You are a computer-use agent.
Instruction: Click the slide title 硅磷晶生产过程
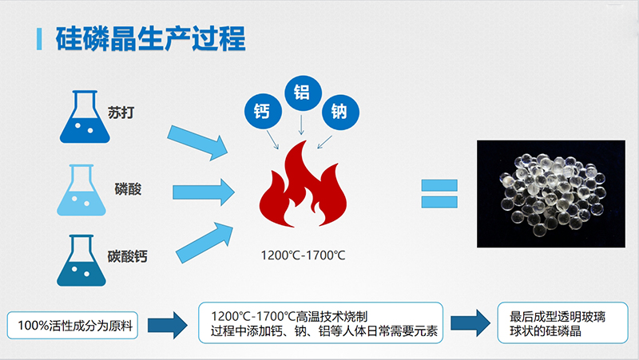[x=150, y=38]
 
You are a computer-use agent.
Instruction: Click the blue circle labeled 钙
[x=263, y=110]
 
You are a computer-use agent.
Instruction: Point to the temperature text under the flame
[x=303, y=255]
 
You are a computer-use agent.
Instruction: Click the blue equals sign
[x=439, y=192]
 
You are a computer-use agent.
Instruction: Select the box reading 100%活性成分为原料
[x=73, y=325]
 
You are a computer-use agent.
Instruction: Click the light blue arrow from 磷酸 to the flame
[x=203, y=190]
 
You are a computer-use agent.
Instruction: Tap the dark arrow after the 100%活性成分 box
[x=169, y=324]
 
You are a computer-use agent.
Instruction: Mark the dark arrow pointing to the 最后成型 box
[x=469, y=323]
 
